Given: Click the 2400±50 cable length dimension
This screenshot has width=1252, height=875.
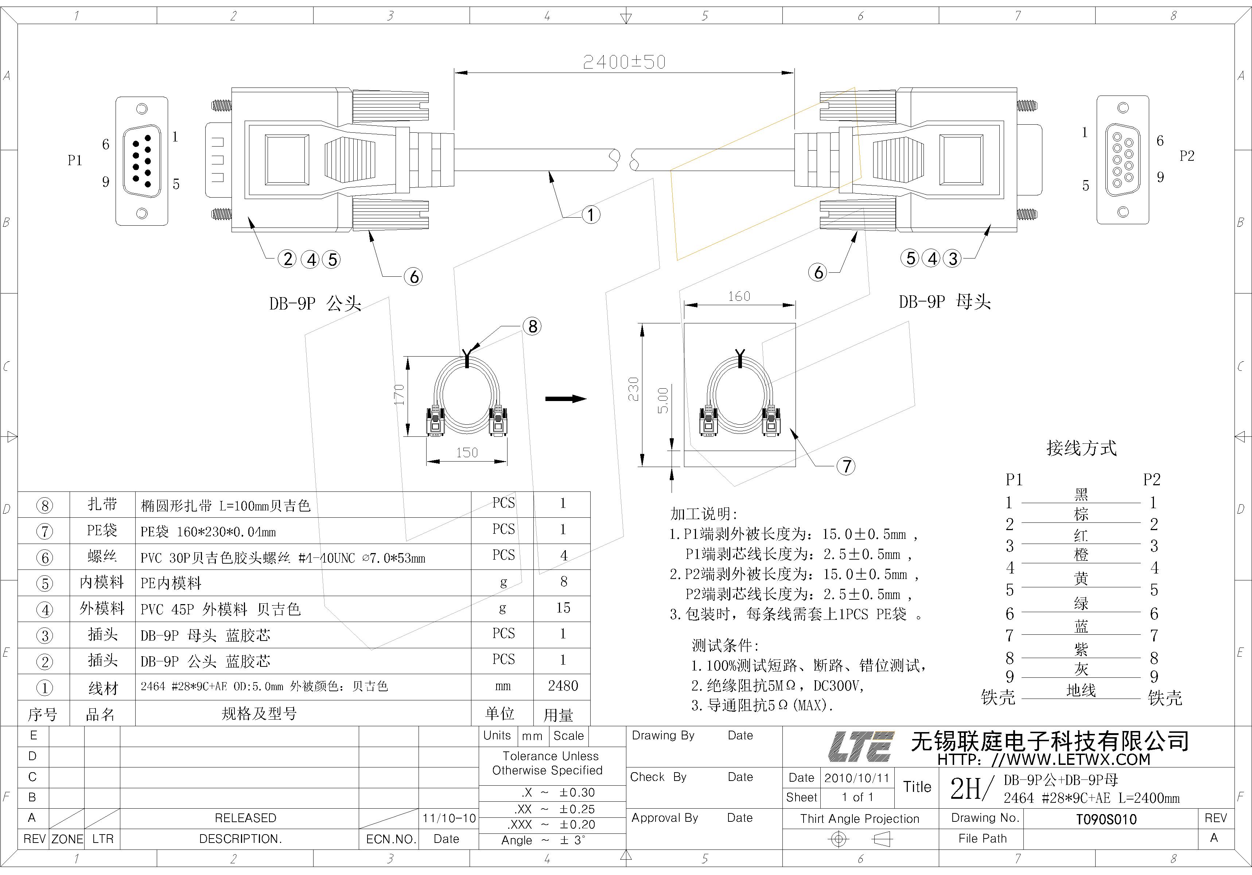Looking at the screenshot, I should [625, 62].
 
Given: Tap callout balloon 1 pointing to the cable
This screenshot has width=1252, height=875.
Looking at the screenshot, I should [591, 214].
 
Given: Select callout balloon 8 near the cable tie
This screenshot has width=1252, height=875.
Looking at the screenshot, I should [532, 327].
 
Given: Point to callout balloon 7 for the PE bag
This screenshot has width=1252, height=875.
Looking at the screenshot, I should [846, 466].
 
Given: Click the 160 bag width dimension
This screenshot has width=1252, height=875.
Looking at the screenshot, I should [739, 296].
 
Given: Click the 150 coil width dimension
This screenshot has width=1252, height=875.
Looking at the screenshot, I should [467, 452].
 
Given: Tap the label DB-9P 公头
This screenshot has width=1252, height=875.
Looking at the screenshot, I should [315, 304].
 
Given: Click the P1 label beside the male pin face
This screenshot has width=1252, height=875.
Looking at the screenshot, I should [75, 160].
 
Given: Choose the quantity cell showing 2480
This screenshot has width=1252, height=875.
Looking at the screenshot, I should [563, 686].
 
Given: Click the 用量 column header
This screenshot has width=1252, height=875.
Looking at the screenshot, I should [559, 715].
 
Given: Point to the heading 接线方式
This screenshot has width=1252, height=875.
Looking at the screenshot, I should [1081, 448].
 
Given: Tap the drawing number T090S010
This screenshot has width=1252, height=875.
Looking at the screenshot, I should [1107, 819].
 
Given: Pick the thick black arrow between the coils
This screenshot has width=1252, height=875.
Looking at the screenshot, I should [565, 398].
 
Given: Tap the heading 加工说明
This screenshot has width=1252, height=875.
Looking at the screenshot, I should [703, 514].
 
